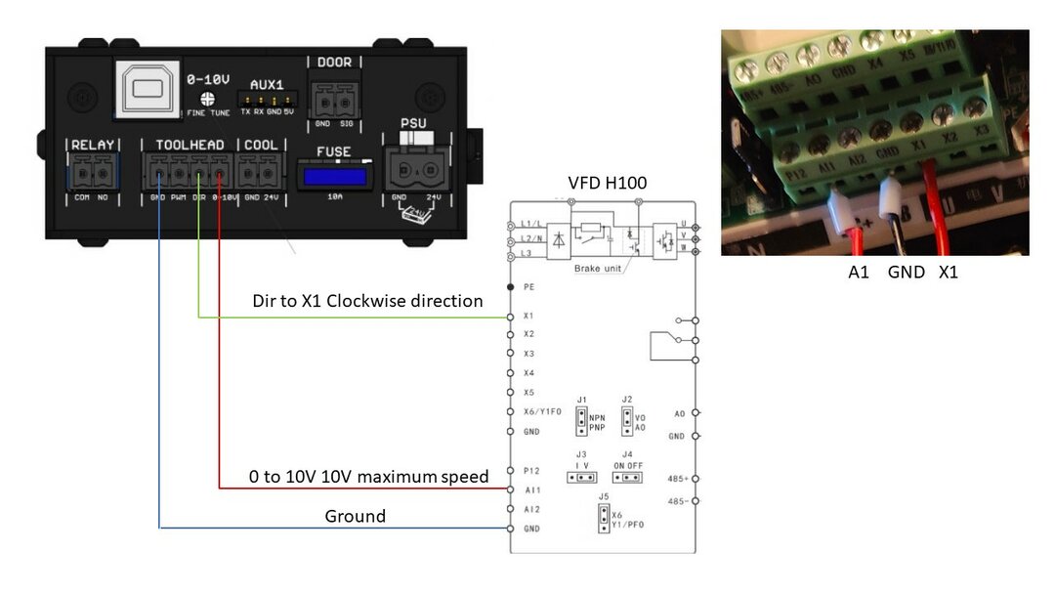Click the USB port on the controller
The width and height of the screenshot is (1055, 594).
(x=148, y=87)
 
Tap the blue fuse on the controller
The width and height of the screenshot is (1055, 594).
(x=335, y=177)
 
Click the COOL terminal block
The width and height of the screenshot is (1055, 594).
(x=261, y=175)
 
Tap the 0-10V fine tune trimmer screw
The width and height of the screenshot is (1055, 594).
(x=207, y=99)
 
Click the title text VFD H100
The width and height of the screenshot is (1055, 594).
(x=608, y=184)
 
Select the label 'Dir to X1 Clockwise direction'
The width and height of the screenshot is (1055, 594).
(x=367, y=301)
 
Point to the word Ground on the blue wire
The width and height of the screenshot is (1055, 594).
(x=355, y=516)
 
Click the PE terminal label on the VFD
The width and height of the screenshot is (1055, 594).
(x=528, y=287)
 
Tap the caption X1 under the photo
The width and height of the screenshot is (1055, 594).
(x=948, y=273)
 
